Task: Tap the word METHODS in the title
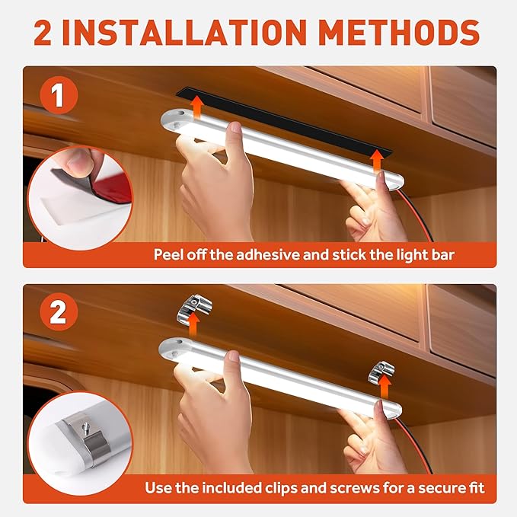click(x=400, y=32)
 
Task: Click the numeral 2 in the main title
click(x=43, y=32)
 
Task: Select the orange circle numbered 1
click(x=59, y=95)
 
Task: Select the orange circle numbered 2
click(x=59, y=311)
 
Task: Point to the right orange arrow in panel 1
click(x=377, y=161)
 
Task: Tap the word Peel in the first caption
click(x=168, y=255)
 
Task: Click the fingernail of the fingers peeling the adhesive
click(x=78, y=161)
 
